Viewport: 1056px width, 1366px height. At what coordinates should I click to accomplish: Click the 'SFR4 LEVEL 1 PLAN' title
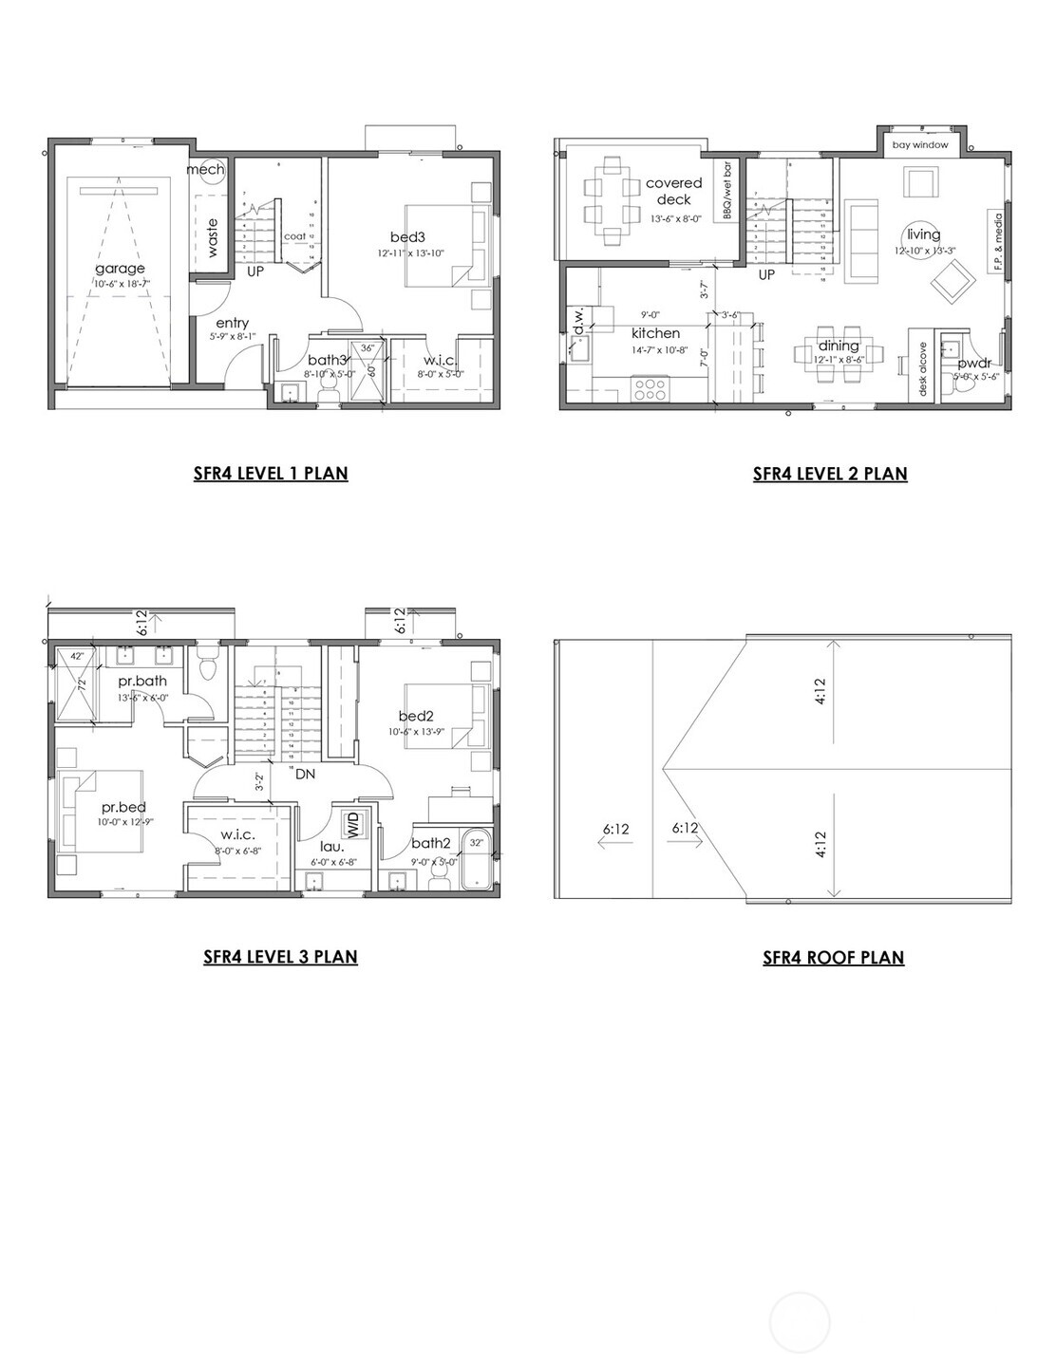click(x=271, y=473)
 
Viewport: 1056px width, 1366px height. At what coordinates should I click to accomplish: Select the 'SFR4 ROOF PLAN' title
click(x=833, y=957)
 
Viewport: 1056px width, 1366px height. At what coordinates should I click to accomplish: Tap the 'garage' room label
click(x=120, y=269)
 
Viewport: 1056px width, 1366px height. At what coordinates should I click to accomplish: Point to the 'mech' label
click(x=205, y=169)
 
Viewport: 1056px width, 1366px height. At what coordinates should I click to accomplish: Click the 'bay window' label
click(x=919, y=145)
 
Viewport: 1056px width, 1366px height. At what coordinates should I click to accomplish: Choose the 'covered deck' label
click(x=673, y=191)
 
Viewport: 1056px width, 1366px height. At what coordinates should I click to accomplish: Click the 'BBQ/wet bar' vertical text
click(x=727, y=192)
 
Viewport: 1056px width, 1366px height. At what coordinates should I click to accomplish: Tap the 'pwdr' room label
click(x=974, y=363)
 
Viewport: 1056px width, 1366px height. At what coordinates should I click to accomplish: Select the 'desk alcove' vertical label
click(x=922, y=369)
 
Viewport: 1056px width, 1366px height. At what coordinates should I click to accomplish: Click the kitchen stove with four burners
click(x=651, y=387)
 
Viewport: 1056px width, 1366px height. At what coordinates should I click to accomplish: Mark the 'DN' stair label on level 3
click(x=305, y=774)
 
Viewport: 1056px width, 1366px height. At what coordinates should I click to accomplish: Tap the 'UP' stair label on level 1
click(x=255, y=271)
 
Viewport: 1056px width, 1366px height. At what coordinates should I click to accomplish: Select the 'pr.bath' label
click(x=142, y=681)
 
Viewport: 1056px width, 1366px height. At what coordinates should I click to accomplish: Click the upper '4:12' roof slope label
click(x=820, y=696)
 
